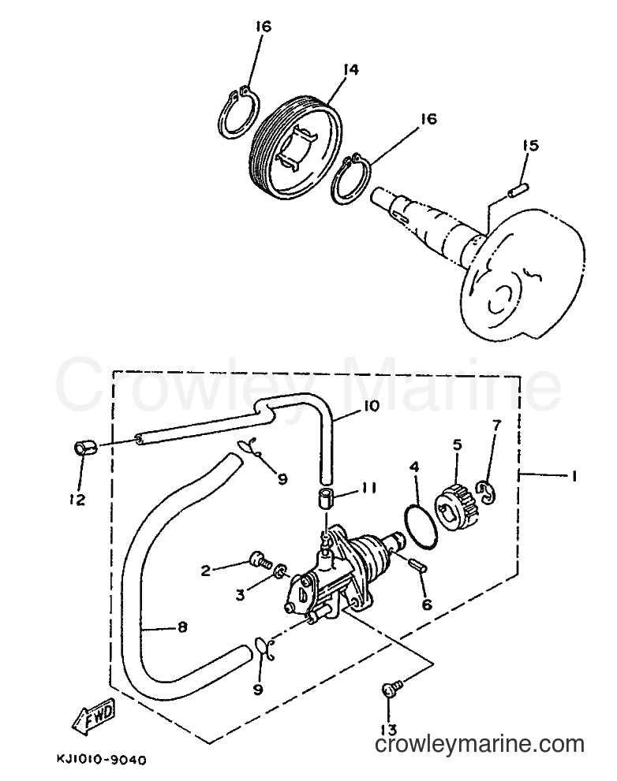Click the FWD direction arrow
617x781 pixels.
point(94,712)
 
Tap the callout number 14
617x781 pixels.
point(350,69)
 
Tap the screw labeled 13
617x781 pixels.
point(390,691)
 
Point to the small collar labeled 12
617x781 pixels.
point(84,448)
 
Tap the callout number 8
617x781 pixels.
point(182,627)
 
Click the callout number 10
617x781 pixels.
point(370,407)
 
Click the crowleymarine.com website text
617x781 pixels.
point(480,744)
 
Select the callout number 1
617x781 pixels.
point(574,476)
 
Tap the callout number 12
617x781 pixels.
point(77,499)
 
